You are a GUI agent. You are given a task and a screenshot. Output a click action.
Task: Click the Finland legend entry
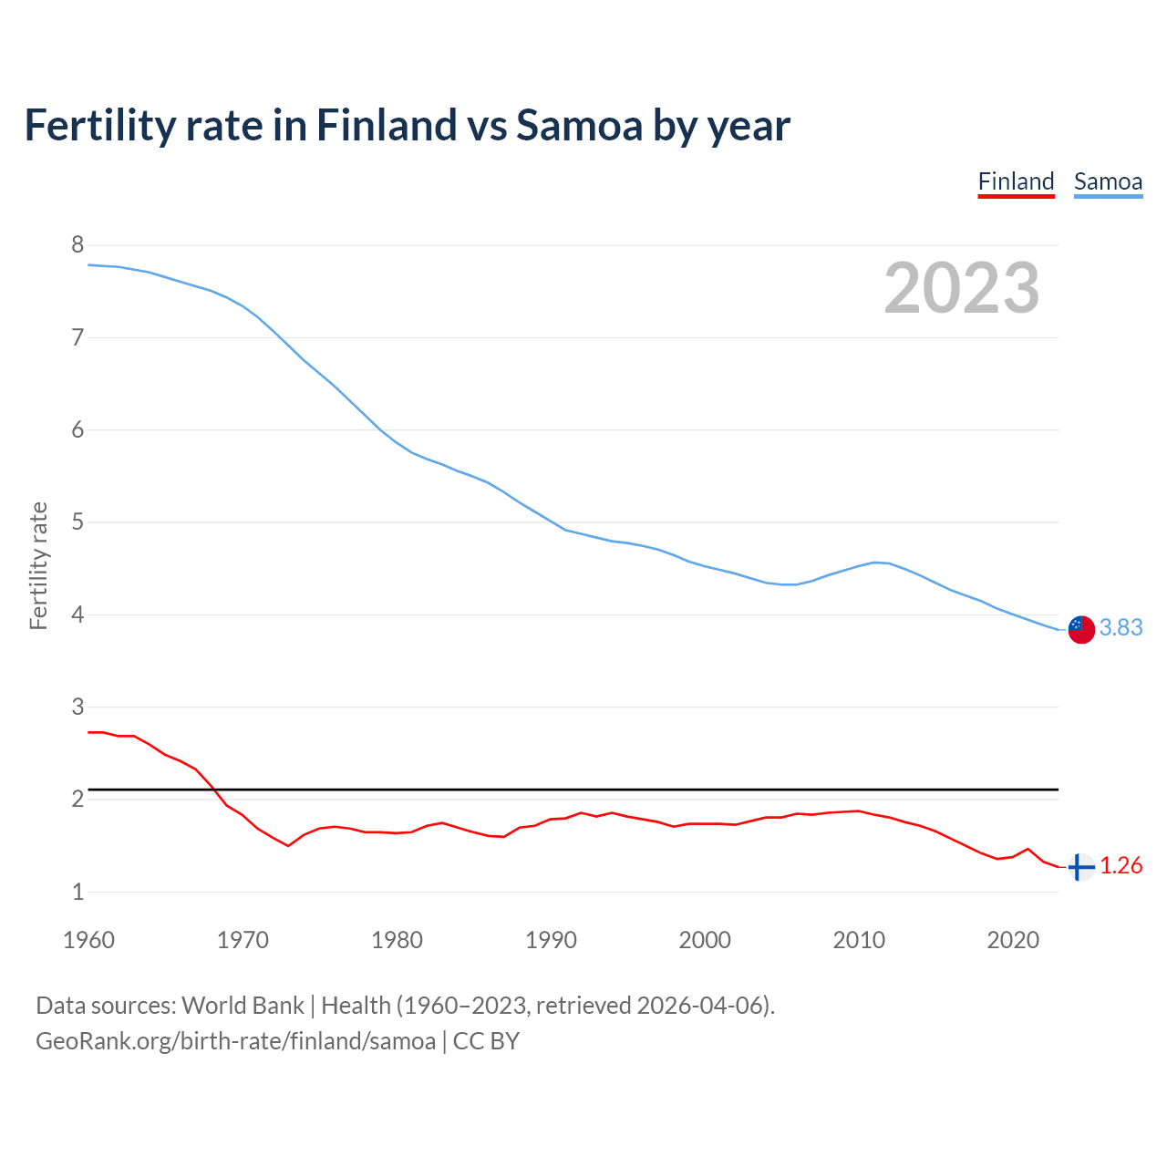(1016, 181)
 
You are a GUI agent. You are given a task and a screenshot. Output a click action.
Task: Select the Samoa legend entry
(1108, 181)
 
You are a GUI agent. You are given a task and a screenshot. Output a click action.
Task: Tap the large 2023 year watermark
(962, 288)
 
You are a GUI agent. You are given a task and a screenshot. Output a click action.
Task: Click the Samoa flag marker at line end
(1080, 629)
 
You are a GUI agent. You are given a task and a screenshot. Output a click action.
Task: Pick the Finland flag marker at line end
(1080, 867)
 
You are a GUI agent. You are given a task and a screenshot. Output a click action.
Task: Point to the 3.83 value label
(1121, 627)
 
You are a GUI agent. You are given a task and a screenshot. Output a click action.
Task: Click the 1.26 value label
(1121, 865)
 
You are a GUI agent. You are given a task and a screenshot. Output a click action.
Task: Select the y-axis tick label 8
(77, 244)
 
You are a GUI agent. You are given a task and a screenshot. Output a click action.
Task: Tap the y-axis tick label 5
(77, 522)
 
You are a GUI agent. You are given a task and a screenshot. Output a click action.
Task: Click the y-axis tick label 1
(77, 892)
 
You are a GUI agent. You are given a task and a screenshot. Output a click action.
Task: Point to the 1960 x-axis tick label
(88, 940)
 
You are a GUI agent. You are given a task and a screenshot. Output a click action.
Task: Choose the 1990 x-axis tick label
(551, 940)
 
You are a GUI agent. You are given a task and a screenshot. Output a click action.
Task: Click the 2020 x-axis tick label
(1013, 940)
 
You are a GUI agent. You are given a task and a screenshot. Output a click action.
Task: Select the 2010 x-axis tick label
(859, 940)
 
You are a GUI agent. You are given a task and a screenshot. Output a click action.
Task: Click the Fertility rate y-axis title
(38, 565)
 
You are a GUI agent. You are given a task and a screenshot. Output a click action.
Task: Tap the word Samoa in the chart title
(579, 125)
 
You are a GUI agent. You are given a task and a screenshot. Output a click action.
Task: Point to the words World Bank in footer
(243, 1006)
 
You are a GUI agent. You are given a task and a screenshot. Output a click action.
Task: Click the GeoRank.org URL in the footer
(235, 1041)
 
